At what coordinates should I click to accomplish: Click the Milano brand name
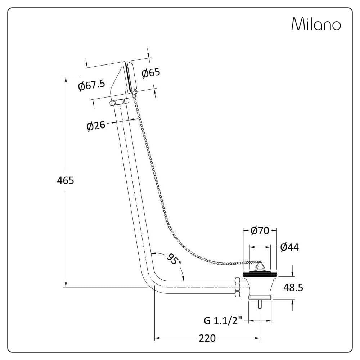pyautogui.click(x=316, y=24)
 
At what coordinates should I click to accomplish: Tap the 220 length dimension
pyautogui.click(x=207, y=338)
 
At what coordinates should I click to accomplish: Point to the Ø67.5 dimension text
pyautogui.click(x=91, y=85)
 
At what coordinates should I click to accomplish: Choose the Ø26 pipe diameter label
pyautogui.click(x=96, y=126)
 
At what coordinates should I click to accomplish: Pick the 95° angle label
pyautogui.click(x=174, y=259)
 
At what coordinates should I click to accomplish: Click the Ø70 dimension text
pyautogui.click(x=260, y=231)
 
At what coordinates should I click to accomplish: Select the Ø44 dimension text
pyautogui.click(x=289, y=247)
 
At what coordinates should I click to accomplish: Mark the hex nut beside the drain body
pyautogui.click(x=238, y=287)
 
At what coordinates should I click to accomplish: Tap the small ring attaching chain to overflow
pyautogui.click(x=134, y=95)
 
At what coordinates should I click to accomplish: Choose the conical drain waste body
pyautogui.click(x=260, y=286)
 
